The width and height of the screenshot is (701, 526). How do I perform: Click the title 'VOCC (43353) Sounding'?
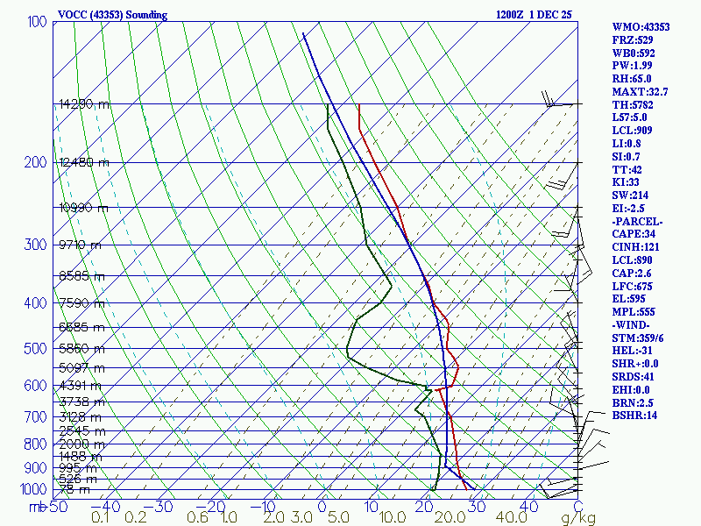(x=112, y=15)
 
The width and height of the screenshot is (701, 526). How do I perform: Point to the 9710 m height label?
(x=80, y=245)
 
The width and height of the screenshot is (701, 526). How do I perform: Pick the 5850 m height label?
(x=81, y=349)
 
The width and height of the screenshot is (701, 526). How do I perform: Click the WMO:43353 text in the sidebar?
(x=641, y=27)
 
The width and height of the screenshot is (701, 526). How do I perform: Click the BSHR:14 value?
(x=634, y=415)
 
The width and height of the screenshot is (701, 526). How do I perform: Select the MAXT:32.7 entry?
(x=640, y=92)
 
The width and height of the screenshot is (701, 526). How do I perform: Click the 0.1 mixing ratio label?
(x=100, y=517)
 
